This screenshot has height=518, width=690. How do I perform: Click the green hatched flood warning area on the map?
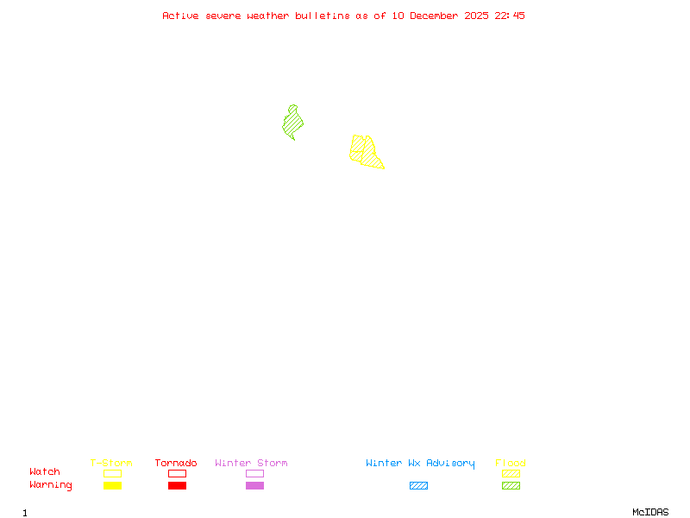click(292, 123)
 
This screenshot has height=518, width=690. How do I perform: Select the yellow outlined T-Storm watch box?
click(112, 473)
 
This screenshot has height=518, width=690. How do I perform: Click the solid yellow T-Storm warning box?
click(112, 486)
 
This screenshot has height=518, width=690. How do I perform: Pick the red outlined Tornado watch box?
click(177, 473)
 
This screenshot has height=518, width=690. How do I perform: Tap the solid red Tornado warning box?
click(177, 486)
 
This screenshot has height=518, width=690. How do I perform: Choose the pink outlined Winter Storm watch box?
click(254, 473)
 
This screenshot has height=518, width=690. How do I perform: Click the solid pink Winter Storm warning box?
click(254, 486)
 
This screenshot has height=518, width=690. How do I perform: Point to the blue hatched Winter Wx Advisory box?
click(418, 486)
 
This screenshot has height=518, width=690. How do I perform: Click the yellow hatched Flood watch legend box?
click(511, 473)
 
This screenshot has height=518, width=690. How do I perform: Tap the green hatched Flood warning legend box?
click(511, 486)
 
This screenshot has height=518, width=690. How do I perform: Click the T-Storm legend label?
click(111, 463)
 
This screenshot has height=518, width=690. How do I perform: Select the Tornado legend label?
click(176, 463)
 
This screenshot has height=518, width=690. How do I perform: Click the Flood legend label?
click(511, 463)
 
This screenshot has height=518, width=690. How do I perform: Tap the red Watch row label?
click(45, 472)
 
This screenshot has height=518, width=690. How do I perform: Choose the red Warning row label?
click(51, 485)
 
